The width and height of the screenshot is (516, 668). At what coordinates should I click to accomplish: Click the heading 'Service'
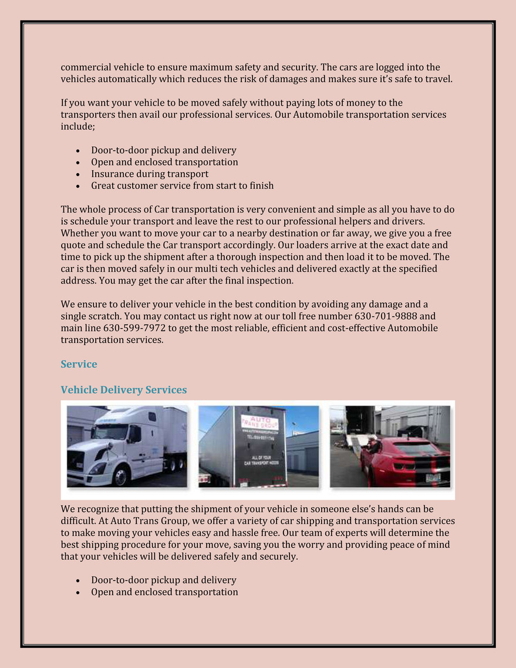tap(79, 364)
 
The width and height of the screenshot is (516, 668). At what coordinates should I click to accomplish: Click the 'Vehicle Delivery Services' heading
tap(123, 390)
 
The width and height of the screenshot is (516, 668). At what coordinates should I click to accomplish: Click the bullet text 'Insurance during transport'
tap(150, 174)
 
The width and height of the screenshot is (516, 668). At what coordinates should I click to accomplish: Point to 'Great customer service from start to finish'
tap(182, 185)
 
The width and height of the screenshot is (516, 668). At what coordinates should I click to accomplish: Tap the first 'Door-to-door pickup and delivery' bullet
tap(163, 150)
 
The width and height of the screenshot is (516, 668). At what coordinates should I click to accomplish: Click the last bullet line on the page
tap(164, 592)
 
